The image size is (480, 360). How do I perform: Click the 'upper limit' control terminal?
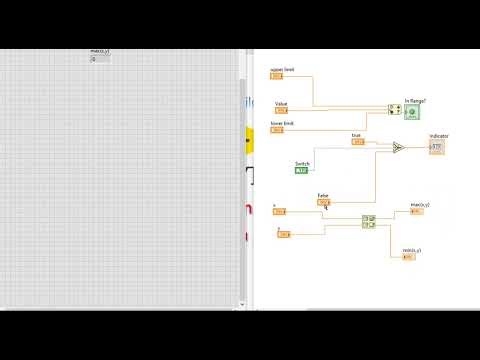coord(277,77)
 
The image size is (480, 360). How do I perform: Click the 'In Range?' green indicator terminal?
coord(412,111)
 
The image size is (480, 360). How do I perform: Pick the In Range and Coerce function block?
coord(394,111)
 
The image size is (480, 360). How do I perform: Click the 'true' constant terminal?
coord(358,142)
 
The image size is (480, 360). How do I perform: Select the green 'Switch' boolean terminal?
coord(302,170)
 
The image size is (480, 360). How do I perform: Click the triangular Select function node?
coord(397,147)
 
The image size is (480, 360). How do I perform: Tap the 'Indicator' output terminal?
coord(436,147)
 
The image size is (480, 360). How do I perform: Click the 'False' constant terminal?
coord(323,202)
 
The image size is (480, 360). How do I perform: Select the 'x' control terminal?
coord(279,211)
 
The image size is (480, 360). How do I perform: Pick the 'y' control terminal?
coord(283,234)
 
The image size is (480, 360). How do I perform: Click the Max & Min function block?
coord(368,221)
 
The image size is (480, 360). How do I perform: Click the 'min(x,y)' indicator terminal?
coord(408,256)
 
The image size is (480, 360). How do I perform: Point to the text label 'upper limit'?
coord(282,70)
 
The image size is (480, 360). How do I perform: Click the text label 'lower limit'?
coord(282,123)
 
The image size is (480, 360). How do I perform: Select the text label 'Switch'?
coord(303,163)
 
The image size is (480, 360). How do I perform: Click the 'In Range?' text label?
coord(415,100)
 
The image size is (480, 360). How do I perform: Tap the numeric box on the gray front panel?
coord(98,59)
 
